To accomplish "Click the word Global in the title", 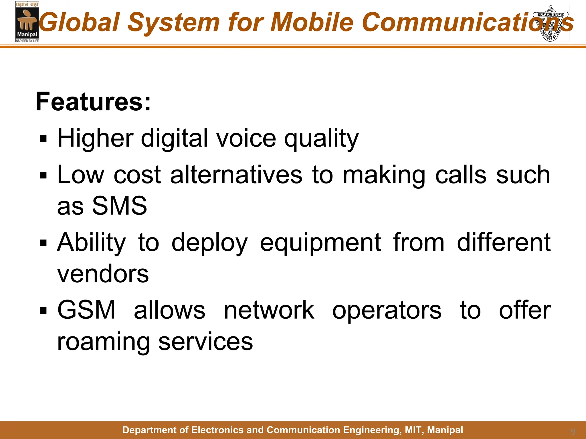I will click(x=79, y=22).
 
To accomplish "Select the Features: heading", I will click(x=93, y=102).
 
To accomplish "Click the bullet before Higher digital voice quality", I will click(x=43, y=139).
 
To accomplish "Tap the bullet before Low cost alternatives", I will click(x=43, y=175).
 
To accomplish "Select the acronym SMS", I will click(x=119, y=206).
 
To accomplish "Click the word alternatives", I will click(x=236, y=175).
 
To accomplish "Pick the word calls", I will click(x=461, y=175).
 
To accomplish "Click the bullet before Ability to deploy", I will click(x=43, y=243).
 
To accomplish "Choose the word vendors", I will click(x=103, y=274).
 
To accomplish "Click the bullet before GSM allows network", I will click(x=43, y=310).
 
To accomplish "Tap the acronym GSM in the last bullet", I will click(x=86, y=310).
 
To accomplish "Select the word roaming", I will click(x=103, y=342).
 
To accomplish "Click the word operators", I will click(x=387, y=311).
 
